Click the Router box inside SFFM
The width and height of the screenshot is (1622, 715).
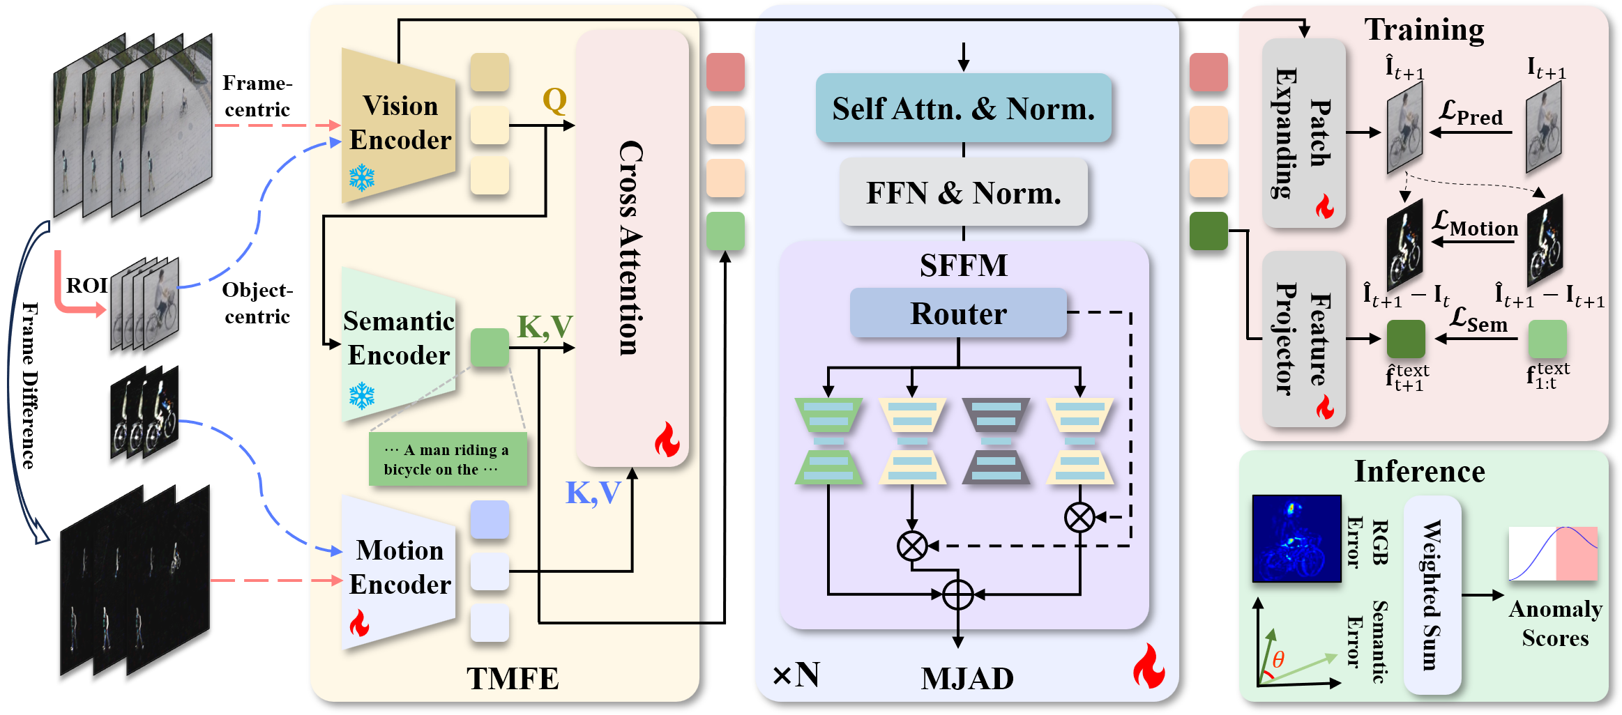coord(958,314)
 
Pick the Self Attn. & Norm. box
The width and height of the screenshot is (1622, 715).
coord(963,109)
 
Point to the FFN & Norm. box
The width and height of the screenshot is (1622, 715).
coord(963,193)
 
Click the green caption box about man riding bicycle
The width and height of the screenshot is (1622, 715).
coord(447,460)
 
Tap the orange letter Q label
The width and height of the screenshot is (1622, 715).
coord(554,101)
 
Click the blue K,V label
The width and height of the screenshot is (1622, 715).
coord(592,493)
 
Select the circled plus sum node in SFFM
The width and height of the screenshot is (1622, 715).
coord(957,595)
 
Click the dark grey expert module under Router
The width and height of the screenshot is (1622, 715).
coord(996,441)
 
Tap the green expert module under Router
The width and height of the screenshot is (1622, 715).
coord(828,441)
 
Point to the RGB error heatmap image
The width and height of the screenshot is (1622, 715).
coord(1296,538)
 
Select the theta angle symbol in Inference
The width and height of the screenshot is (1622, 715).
coord(1278,659)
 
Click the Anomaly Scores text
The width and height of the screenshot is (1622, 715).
coord(1555,623)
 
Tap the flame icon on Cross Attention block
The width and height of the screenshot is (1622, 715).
coord(667,440)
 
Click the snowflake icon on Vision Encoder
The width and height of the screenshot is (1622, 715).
coord(362,178)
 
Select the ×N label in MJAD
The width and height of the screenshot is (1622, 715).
coord(796,675)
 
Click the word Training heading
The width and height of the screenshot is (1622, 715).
coord(1423,30)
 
